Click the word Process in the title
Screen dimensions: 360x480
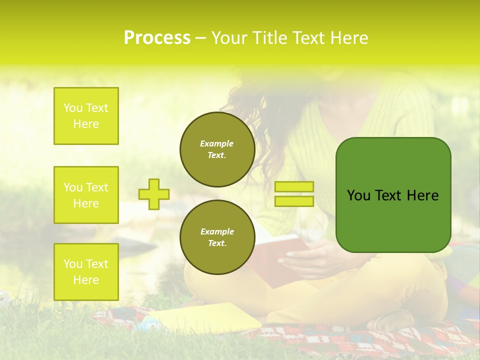tap(157, 38)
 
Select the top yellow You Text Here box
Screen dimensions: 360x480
tap(86, 116)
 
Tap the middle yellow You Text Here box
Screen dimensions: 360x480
tap(86, 195)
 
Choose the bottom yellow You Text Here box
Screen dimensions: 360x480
tap(86, 272)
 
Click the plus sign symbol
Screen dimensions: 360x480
tap(154, 194)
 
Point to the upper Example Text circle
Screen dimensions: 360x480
tap(217, 149)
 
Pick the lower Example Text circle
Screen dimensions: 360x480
tap(217, 237)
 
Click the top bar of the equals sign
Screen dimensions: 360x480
tap(294, 187)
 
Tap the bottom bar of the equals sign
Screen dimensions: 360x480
tap(294, 201)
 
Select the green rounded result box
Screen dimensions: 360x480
tap(393, 195)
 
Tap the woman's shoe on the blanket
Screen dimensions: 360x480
tap(395, 320)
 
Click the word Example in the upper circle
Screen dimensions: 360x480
tap(217, 143)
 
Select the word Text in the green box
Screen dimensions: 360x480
tap(390, 195)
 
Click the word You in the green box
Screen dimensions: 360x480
tap(358, 195)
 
